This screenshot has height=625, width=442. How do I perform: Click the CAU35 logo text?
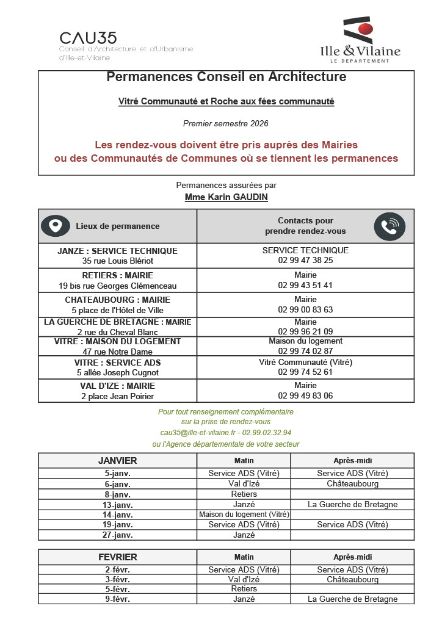(x=88, y=38)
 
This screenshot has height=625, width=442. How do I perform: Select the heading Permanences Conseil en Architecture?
(x=226, y=77)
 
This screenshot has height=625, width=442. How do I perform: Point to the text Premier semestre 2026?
(x=226, y=123)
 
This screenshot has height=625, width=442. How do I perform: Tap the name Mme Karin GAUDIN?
(x=226, y=197)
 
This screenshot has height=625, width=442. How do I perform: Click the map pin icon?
(x=56, y=226)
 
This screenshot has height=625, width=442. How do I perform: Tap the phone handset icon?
(x=389, y=226)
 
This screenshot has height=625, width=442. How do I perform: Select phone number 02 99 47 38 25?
(x=305, y=260)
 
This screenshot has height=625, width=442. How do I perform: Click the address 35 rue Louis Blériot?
(x=117, y=261)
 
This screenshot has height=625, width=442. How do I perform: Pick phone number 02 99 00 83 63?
(x=305, y=309)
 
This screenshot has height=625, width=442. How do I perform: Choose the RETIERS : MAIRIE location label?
(x=117, y=275)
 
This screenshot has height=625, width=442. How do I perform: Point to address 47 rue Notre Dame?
(x=117, y=352)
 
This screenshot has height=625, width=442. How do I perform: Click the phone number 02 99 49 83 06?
(x=305, y=396)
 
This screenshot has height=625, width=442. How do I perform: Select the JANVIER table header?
(x=117, y=460)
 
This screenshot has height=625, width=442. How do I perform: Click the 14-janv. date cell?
(x=117, y=515)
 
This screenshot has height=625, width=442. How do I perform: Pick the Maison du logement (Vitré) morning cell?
(x=244, y=515)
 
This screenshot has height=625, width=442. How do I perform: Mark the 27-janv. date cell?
(x=117, y=535)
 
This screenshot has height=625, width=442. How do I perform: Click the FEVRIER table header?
(x=117, y=557)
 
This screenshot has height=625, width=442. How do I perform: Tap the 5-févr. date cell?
(x=117, y=589)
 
